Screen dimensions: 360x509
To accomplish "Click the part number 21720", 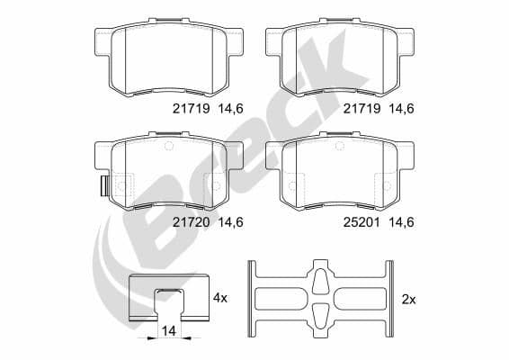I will (x=189, y=220).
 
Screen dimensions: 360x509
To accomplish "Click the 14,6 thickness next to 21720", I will (x=229, y=220).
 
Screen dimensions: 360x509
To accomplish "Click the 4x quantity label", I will (x=221, y=296).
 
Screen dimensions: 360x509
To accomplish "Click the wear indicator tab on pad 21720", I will (x=103, y=187).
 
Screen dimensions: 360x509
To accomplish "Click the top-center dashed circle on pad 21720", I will (x=168, y=145).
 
